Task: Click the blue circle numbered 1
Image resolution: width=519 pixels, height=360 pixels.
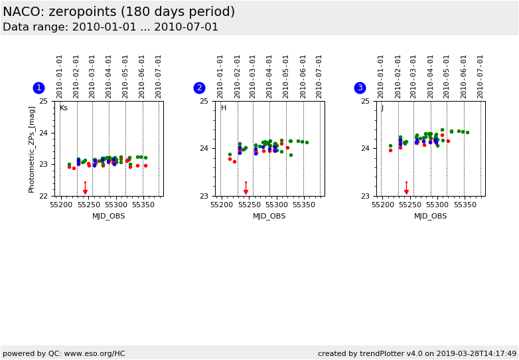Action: coord(38,88)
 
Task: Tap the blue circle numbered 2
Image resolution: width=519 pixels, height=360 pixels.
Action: coord(199,88)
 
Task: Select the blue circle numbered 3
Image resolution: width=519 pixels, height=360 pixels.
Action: coord(360,88)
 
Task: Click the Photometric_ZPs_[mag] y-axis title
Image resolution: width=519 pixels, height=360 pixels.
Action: coord(32,149)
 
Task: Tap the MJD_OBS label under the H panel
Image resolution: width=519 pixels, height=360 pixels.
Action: coord(269,216)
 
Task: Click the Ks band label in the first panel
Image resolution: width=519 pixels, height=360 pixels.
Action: coord(64,108)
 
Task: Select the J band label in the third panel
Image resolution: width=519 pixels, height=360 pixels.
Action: coord(382,108)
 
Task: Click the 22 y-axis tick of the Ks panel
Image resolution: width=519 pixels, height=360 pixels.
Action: coord(43,196)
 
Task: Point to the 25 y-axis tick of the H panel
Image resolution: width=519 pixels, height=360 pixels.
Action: coord(204,101)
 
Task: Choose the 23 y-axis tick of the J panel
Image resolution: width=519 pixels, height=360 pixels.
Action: coord(364,196)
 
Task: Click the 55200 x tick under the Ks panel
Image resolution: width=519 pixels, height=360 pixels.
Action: coord(61,205)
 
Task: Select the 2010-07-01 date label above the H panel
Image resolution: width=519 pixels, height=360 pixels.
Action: coord(319,76)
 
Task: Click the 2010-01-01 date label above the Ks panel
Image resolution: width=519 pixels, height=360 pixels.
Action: coord(60,76)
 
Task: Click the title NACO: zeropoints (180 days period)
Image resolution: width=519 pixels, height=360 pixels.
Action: coord(119,12)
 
